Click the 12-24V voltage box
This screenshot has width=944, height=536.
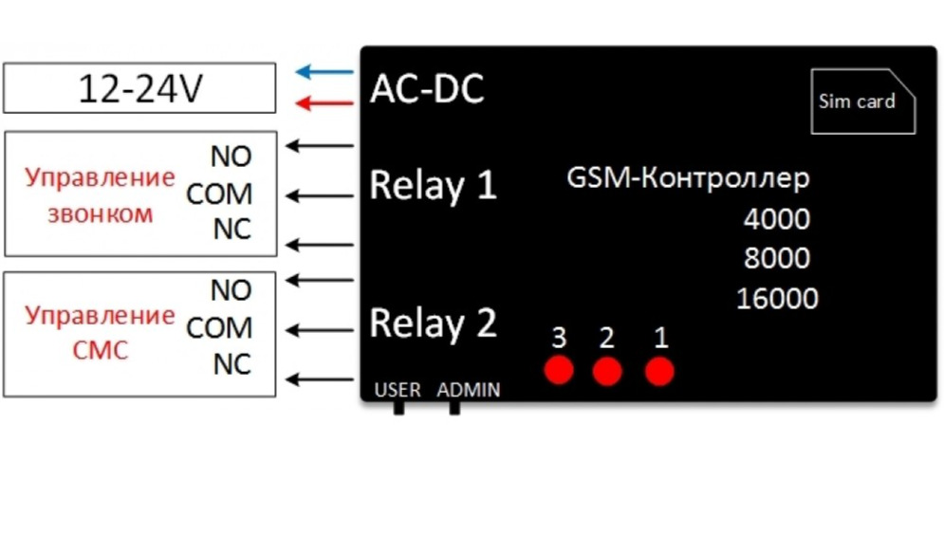(x=139, y=88)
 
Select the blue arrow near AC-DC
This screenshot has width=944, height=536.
(x=324, y=71)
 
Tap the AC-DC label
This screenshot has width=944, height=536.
(x=426, y=89)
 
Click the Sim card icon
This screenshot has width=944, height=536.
(x=862, y=101)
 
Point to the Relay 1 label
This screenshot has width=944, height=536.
(x=433, y=184)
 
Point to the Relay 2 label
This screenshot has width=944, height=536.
(x=433, y=323)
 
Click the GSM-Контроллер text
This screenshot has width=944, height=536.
(x=688, y=177)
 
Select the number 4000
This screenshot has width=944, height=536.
(x=776, y=219)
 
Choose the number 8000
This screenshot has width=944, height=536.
(x=776, y=258)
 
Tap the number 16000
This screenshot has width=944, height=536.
(x=776, y=299)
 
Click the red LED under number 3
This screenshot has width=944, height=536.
(x=560, y=371)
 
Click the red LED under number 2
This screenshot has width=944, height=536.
(x=607, y=371)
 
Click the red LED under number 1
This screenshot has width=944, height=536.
(x=659, y=371)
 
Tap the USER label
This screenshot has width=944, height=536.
(x=398, y=390)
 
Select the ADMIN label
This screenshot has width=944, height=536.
(x=469, y=390)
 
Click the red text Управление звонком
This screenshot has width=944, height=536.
(x=100, y=194)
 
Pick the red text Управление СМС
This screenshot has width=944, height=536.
(x=100, y=332)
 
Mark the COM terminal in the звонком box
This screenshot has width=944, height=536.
(x=219, y=194)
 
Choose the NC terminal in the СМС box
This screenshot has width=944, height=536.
(x=231, y=364)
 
